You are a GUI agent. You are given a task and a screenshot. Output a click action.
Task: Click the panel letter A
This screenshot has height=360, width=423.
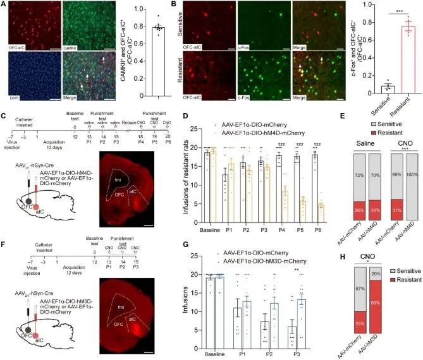4,6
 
